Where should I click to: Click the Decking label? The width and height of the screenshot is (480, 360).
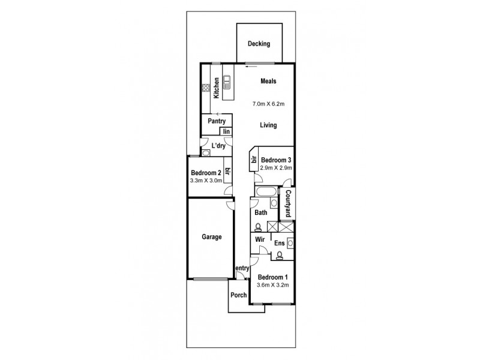coord(259,44)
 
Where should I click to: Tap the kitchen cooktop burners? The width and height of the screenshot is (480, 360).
coord(205,91)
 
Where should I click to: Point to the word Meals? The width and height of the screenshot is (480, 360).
coord(268,82)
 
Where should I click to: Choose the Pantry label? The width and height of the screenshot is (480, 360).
coord(216,121)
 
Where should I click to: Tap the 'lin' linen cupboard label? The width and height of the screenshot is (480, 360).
coord(226,132)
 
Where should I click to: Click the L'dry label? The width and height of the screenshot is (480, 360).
coord(218,146)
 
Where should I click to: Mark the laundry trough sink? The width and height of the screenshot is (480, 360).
coord(206,154)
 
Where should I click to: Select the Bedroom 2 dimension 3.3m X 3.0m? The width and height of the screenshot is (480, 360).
coord(206,179)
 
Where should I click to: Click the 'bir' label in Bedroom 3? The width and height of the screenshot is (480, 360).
coord(254,160)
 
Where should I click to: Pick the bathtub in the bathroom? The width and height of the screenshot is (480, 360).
coord(264,192)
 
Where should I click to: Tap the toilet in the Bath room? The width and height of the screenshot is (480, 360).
coord(257,227)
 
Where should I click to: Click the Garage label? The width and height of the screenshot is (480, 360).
coord(211,237)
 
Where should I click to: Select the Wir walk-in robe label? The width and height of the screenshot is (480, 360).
coord(260,239)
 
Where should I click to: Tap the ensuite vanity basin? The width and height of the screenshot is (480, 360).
coord(290,242)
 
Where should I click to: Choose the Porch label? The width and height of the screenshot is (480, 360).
coord(239,296)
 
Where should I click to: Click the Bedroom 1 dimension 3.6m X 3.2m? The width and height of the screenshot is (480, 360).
coord(273,285)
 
